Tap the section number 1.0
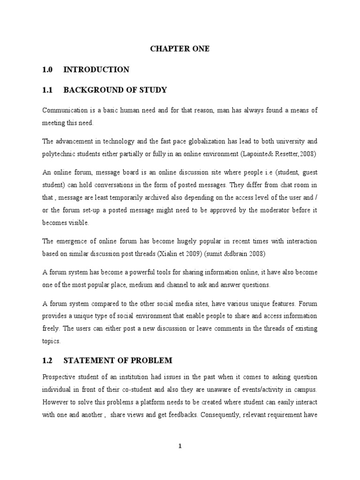coord(48,70)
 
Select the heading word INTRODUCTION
coord(96,70)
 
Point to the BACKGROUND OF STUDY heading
coord(115,90)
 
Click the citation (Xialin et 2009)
coord(194,254)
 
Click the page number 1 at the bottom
coord(180,447)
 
